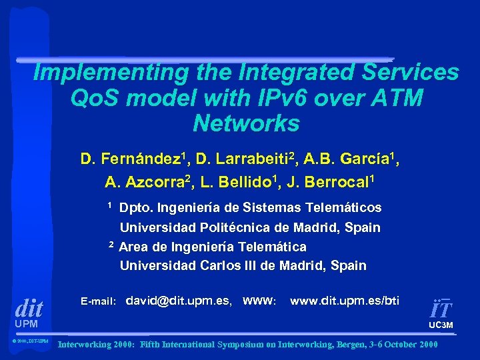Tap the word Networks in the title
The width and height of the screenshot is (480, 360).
pyautogui.click(x=246, y=123)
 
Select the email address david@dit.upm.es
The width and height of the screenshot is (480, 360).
pyautogui.click(x=179, y=301)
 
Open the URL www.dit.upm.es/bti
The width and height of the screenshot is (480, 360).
pyautogui.click(x=345, y=301)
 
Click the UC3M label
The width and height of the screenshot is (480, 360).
pyautogui.click(x=441, y=325)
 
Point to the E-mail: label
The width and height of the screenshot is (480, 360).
pyautogui.click(x=98, y=301)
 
